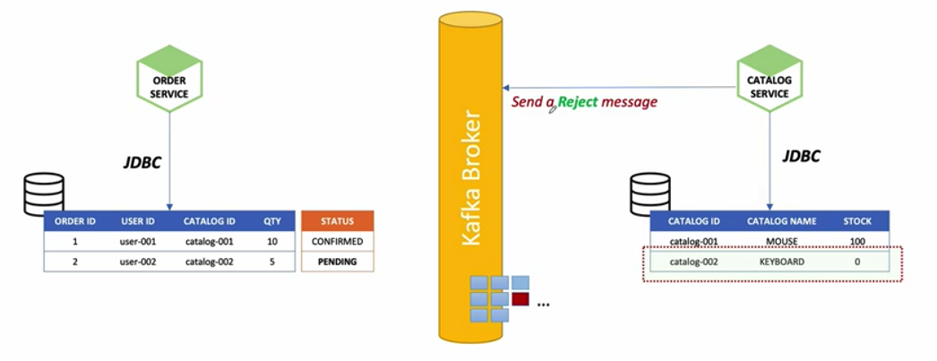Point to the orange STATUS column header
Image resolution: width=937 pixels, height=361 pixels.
tap(337, 220)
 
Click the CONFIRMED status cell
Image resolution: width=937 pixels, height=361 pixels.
tap(337, 242)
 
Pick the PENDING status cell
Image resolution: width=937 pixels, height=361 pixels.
tap(337, 262)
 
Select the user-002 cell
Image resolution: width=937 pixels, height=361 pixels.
tap(139, 262)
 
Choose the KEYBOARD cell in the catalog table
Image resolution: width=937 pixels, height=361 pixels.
tap(782, 262)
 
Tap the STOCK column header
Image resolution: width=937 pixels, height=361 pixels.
tap(864, 220)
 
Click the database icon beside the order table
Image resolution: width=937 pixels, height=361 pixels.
tap(44, 193)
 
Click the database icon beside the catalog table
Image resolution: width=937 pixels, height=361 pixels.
tap(650, 193)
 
